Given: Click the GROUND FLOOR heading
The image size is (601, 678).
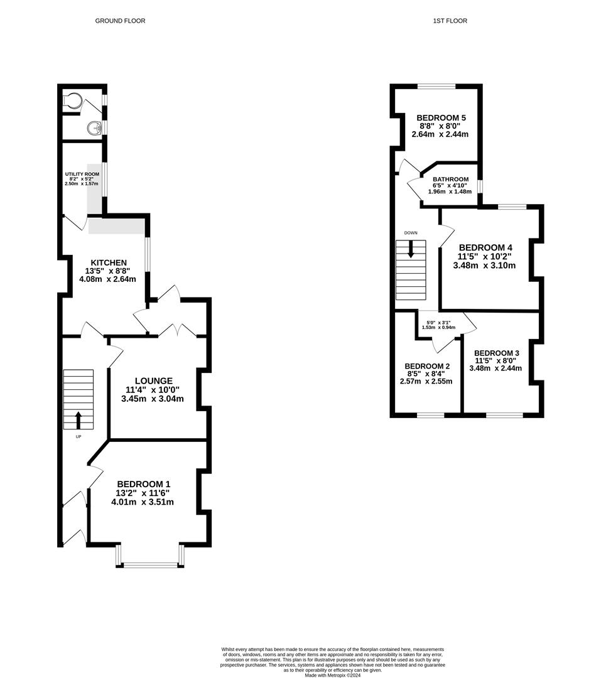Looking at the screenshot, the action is (121, 21).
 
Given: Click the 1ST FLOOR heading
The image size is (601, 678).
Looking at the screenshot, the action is (450, 21).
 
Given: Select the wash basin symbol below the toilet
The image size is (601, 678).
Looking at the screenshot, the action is (94, 128).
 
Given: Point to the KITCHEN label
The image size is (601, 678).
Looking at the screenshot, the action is (109, 262).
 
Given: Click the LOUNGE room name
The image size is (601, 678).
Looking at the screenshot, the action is (154, 381).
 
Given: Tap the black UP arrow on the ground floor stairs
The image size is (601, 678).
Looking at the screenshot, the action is (79, 420).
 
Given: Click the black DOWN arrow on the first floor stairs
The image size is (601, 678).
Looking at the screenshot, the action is (411, 249).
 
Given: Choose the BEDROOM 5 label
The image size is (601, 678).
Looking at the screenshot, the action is (441, 117).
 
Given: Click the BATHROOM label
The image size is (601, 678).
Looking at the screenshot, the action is (450, 180).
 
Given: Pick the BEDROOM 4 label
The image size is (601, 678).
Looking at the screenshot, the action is (485, 248).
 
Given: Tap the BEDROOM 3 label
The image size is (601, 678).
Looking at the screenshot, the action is (496, 353).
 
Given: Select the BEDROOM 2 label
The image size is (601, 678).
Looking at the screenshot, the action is (427, 366).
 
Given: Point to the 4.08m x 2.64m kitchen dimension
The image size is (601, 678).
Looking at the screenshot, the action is (108, 279).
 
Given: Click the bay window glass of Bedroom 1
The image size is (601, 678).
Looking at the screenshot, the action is (150, 564).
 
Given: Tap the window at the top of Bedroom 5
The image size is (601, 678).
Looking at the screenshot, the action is (436, 87).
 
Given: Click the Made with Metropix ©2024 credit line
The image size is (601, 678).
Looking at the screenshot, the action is (332, 675).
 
